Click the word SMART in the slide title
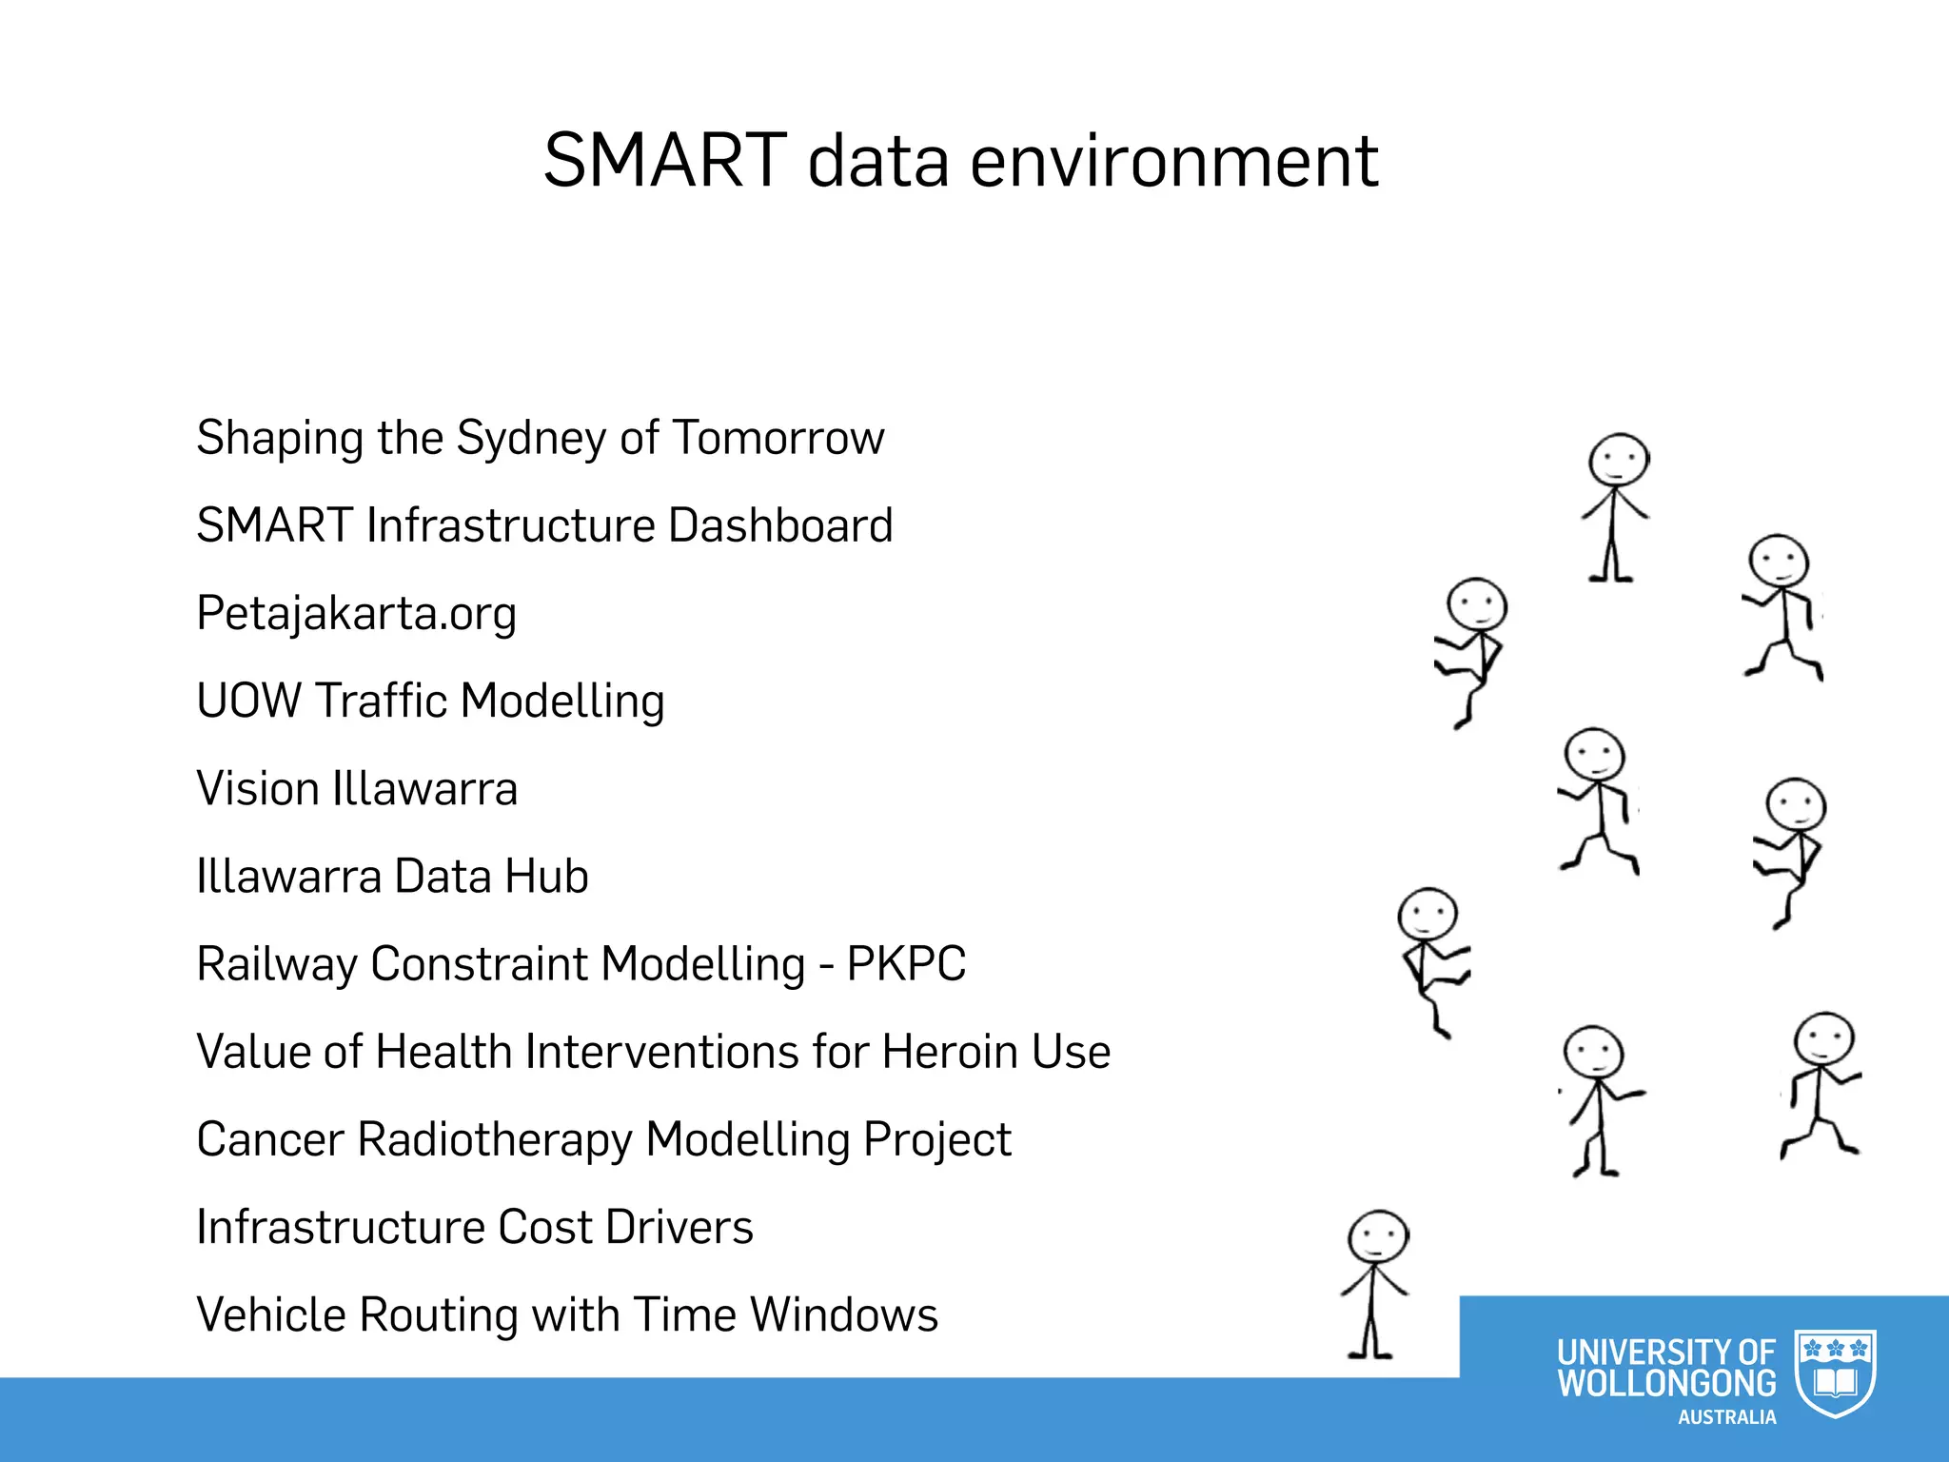pyautogui.click(x=664, y=160)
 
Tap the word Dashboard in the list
pyautogui.click(x=779, y=525)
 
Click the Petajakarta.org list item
pyautogui.click(x=356, y=614)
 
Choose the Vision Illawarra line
pyautogui.click(x=356, y=789)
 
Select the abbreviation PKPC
pyautogui.click(x=905, y=964)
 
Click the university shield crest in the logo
pyautogui.click(x=1835, y=1372)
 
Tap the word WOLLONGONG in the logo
pyautogui.click(x=1665, y=1384)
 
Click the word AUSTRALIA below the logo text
pyautogui.click(x=1726, y=1418)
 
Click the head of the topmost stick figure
pyautogui.click(x=1618, y=461)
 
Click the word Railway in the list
pyautogui.click(x=275, y=964)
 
